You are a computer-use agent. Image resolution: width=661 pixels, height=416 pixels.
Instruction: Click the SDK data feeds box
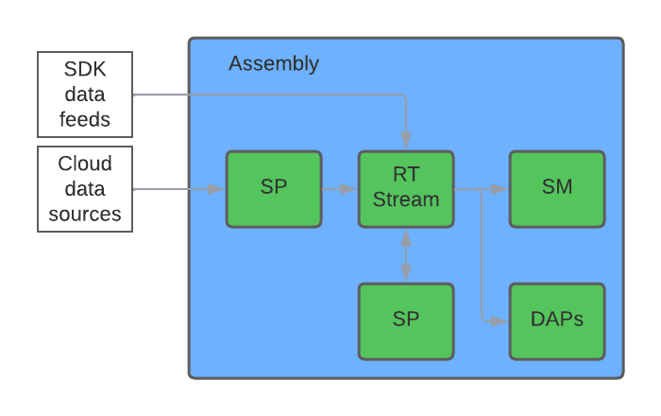click(85, 95)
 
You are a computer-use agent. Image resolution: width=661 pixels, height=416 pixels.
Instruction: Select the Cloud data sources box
click(85, 189)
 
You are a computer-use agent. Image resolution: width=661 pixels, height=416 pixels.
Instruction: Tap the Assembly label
click(274, 64)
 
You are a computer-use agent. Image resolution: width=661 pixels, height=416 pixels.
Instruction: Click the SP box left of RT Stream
click(274, 189)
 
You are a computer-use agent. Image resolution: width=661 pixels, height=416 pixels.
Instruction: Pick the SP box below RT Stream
click(406, 321)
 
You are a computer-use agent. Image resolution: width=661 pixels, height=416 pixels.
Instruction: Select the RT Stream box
click(406, 189)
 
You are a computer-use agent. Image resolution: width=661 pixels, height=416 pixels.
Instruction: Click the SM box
click(557, 189)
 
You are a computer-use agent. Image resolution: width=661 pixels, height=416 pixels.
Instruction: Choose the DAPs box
click(557, 321)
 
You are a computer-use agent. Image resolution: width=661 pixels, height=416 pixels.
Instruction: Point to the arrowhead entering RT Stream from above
click(406, 141)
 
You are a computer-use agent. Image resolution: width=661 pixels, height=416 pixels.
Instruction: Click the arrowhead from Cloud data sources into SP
click(216, 189)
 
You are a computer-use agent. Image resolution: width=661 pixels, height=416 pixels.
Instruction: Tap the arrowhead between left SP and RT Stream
click(348, 189)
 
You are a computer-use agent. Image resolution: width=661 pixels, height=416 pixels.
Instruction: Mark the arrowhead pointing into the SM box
click(500, 189)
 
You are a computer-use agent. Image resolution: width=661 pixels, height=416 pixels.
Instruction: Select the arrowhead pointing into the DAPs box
click(500, 321)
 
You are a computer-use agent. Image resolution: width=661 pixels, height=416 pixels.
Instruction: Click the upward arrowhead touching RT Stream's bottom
click(406, 237)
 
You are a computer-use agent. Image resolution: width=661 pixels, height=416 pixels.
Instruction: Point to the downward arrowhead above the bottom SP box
click(406, 273)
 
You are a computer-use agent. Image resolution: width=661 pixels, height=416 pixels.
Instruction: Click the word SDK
click(85, 69)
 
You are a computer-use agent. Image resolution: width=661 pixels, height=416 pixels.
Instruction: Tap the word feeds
click(85, 119)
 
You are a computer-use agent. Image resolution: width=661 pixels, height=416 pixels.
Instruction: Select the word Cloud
click(85, 164)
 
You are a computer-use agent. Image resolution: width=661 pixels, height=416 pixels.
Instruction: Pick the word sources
click(85, 215)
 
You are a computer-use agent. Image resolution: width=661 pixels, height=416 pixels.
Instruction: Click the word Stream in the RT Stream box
click(406, 199)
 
